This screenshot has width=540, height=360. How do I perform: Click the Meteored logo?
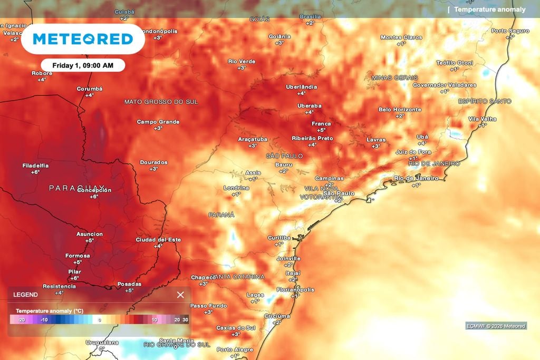tap(83, 39)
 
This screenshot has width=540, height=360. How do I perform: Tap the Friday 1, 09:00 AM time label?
tap(83, 65)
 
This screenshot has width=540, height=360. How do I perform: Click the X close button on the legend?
tap(180, 295)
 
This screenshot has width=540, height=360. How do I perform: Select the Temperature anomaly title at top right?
tap(489, 9)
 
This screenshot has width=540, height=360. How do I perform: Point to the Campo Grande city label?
tap(158, 122)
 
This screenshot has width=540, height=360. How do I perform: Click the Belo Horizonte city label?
tap(400, 110)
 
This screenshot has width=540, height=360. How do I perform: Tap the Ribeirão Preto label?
tap(312, 138)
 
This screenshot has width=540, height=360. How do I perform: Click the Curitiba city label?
tap(279, 238)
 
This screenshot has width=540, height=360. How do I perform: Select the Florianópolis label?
tap(295, 290)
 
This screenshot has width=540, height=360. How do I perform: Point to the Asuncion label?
tap(90, 234)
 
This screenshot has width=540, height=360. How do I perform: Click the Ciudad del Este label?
tap(158, 240)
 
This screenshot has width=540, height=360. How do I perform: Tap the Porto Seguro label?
tap(510, 31)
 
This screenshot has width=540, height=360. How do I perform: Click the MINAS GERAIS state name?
tap(394, 77)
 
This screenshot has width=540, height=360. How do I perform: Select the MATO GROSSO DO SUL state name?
tap(161, 102)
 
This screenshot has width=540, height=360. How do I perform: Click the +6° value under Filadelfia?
tap(35, 172)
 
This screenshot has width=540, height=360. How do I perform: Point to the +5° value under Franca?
tap(321, 130)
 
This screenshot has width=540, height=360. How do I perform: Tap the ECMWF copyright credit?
tap(496, 326)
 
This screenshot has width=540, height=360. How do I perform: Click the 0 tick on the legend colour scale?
tap(100, 319)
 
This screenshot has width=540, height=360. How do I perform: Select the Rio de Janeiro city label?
tap(417, 178)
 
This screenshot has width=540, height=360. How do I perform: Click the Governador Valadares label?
tap(444, 85)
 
